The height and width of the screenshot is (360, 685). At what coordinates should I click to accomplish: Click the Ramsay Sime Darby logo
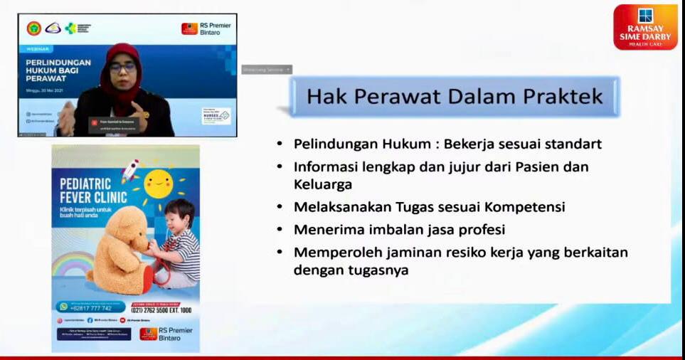coord(645,26)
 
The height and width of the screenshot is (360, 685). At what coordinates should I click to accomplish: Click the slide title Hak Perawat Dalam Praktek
coord(455,96)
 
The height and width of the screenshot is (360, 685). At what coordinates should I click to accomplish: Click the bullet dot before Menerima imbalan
coord(280,230)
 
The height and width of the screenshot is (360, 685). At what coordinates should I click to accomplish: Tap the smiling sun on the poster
coord(158,184)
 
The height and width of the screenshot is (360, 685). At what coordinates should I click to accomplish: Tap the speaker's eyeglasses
coord(122,68)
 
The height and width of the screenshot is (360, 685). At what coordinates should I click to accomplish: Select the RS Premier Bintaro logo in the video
coord(206,28)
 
